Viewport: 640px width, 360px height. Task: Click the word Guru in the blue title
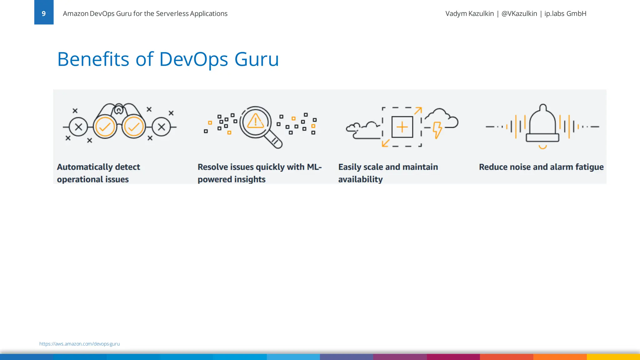pyautogui.click(x=256, y=59)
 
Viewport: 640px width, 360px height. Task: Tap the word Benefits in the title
pyautogui.click(x=93, y=59)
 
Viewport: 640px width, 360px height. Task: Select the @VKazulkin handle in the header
pyautogui.click(x=519, y=14)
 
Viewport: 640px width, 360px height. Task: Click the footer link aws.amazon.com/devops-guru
pyautogui.click(x=79, y=344)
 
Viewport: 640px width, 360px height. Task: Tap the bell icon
pyautogui.click(x=542, y=125)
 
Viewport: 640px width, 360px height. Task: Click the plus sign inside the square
pyautogui.click(x=402, y=127)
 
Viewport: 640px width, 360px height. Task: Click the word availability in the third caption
pyautogui.click(x=360, y=179)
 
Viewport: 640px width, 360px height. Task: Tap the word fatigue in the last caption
pyautogui.click(x=589, y=167)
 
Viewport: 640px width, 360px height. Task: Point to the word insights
pyautogui.click(x=250, y=179)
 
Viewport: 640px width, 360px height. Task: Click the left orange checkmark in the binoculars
pyautogui.click(x=105, y=127)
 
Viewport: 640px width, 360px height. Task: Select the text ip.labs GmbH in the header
pyautogui.click(x=565, y=14)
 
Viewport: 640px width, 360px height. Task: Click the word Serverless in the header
pyautogui.click(x=172, y=14)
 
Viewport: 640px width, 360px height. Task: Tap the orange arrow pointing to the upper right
pyautogui.click(x=418, y=111)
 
